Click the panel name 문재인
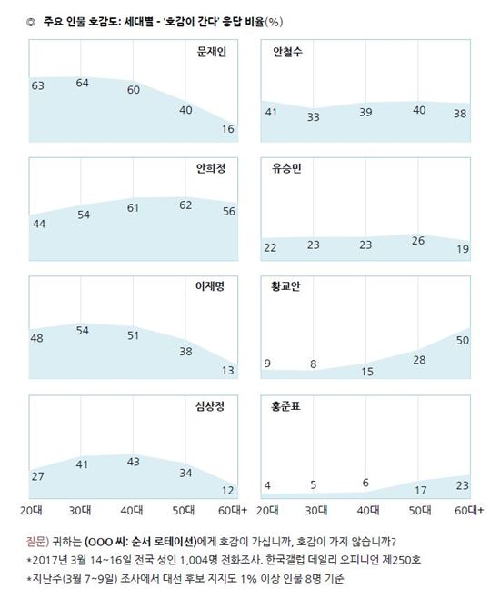(x=212, y=52)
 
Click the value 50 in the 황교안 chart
(x=461, y=339)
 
